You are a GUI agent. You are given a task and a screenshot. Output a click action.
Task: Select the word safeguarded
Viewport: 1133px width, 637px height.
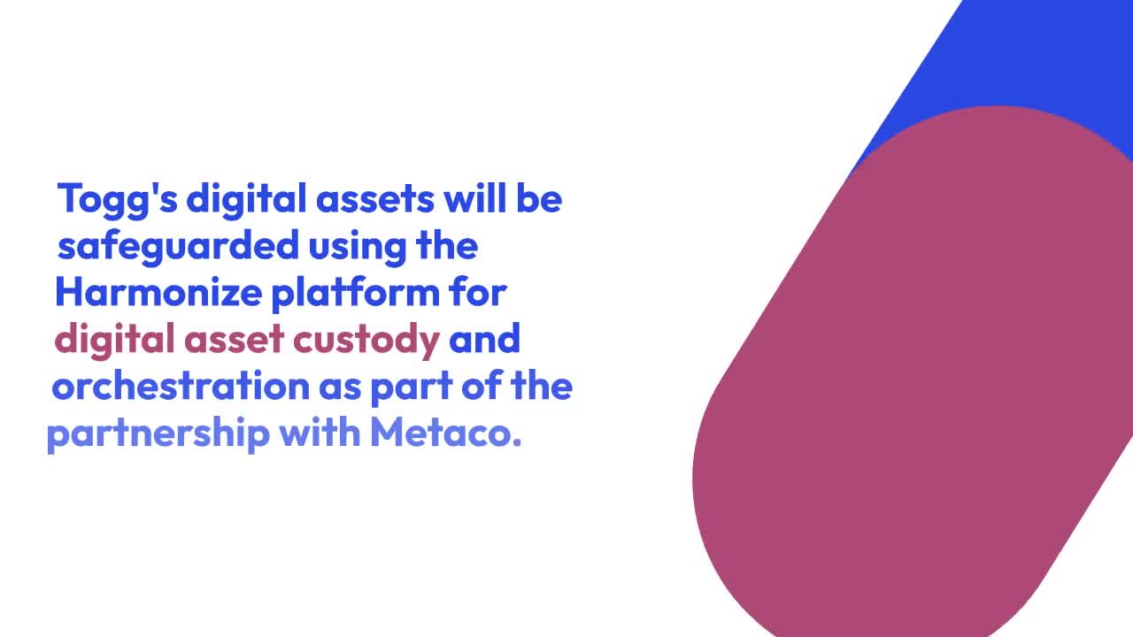click(178, 245)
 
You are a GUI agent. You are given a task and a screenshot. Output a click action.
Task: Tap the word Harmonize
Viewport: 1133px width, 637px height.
click(158, 292)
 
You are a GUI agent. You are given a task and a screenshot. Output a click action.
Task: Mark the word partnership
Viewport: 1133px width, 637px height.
click(158, 434)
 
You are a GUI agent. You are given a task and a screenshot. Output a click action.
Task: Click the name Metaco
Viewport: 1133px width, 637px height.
click(445, 434)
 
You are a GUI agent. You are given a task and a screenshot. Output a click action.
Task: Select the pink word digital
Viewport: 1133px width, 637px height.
click(114, 340)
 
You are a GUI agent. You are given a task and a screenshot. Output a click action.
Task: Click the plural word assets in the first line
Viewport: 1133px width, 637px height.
click(375, 199)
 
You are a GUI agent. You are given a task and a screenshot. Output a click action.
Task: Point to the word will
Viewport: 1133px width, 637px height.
click(473, 198)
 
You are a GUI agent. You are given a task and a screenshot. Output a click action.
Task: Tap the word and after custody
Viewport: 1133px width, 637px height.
click(484, 340)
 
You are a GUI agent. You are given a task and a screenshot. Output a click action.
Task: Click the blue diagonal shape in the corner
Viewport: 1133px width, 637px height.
click(1018, 53)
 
